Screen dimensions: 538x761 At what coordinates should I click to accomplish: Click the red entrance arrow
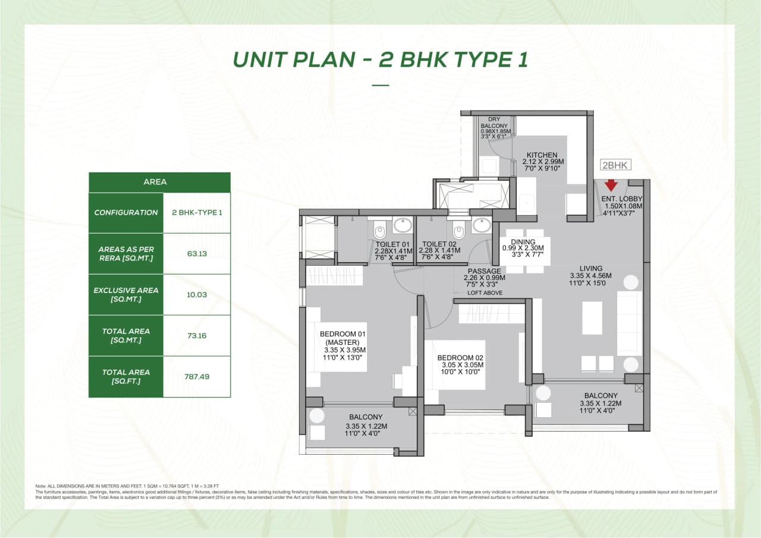point(611,185)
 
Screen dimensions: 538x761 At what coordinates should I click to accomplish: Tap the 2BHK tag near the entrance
point(616,166)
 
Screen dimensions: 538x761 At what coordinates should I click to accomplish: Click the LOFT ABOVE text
point(485,293)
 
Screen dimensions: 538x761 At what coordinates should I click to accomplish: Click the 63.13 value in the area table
point(196,253)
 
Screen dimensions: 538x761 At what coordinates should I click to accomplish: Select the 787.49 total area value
point(196,376)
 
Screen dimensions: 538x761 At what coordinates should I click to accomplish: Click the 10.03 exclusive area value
point(196,294)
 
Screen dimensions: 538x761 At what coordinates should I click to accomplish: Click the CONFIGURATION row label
point(126,213)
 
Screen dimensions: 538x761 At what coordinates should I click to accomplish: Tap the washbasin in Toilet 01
point(402,226)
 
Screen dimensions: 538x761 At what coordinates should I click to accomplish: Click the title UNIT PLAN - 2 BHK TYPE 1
point(380,59)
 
